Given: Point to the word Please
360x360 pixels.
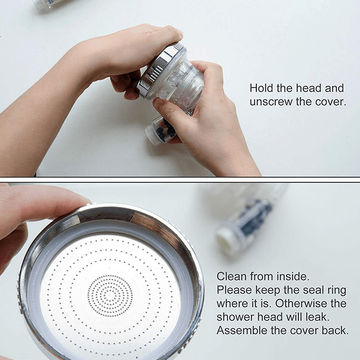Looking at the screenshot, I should pyautogui.click(x=234, y=290).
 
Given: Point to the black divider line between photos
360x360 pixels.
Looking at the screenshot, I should pyautogui.click(x=180, y=179).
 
